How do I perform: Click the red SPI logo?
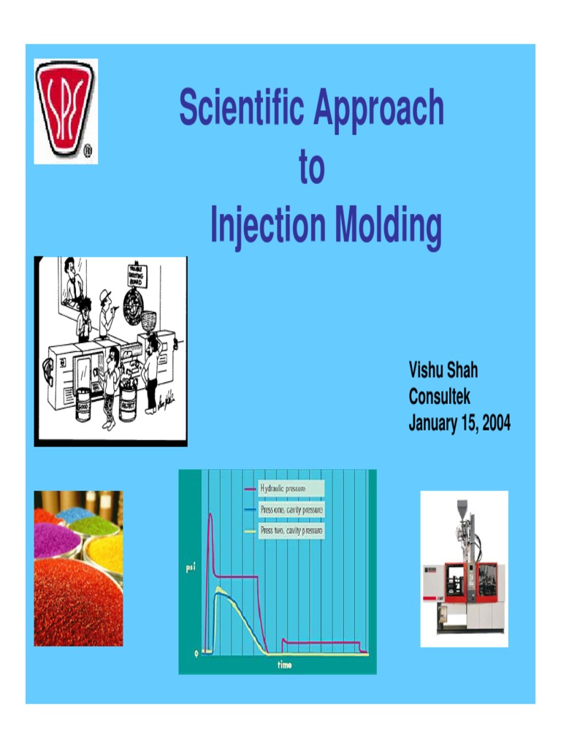tap(66, 110)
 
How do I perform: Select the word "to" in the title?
tap(311, 168)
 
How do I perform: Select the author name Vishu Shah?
tap(443, 370)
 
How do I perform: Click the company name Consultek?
tap(440, 397)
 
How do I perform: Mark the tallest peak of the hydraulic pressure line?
tap(210, 514)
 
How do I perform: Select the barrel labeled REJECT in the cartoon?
tap(129, 404)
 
